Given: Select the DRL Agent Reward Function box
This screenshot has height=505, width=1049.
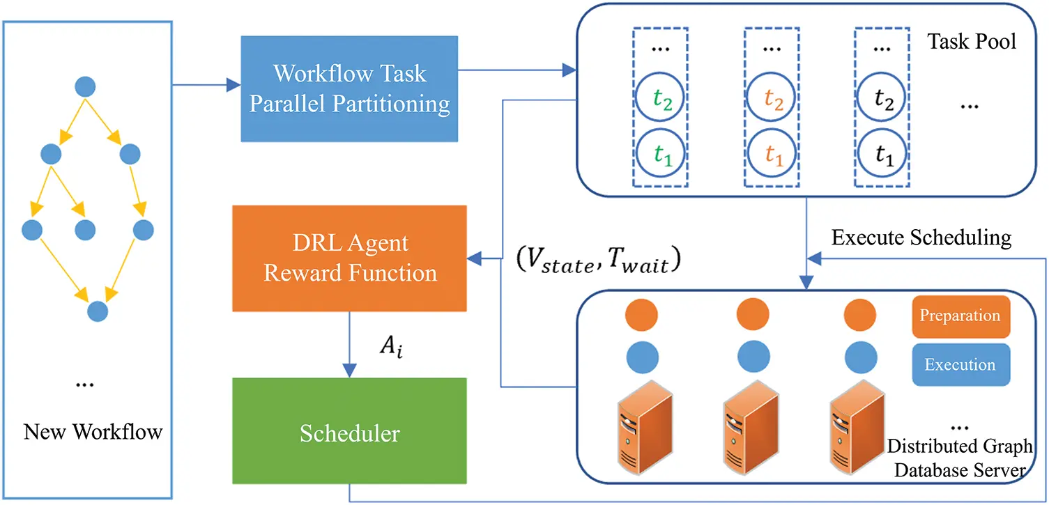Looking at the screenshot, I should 349,258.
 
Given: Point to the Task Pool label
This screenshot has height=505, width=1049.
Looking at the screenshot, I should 972,41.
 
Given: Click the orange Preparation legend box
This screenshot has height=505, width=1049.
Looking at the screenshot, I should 960,316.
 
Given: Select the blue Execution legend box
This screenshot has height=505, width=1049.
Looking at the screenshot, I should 960,364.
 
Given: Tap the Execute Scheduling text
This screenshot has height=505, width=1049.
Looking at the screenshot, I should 921,238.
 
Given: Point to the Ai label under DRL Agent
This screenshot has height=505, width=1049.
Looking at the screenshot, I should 390,346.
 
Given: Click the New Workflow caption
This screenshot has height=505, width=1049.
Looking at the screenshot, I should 93,432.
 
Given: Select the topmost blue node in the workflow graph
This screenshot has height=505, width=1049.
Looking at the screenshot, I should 85,86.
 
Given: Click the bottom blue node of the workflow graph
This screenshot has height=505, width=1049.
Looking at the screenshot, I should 98,311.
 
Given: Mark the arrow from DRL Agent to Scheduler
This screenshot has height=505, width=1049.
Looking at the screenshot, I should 349,344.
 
